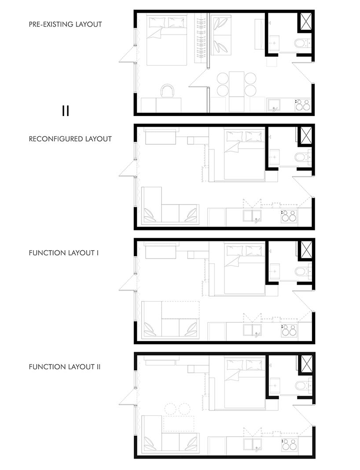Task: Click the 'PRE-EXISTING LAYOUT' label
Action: (x=66, y=24)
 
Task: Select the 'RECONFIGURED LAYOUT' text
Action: (x=70, y=139)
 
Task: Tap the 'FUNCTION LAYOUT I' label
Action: (x=64, y=253)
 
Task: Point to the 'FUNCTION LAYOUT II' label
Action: (x=65, y=367)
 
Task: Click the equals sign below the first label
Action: (x=66, y=111)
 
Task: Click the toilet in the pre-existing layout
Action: (x=303, y=44)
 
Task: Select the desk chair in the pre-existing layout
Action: (x=167, y=91)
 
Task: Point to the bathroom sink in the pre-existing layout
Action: (x=274, y=43)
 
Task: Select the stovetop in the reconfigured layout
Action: (x=289, y=216)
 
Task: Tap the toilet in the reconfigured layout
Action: (x=303, y=157)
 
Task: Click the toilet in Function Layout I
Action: (x=303, y=272)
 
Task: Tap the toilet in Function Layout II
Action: (x=303, y=386)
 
